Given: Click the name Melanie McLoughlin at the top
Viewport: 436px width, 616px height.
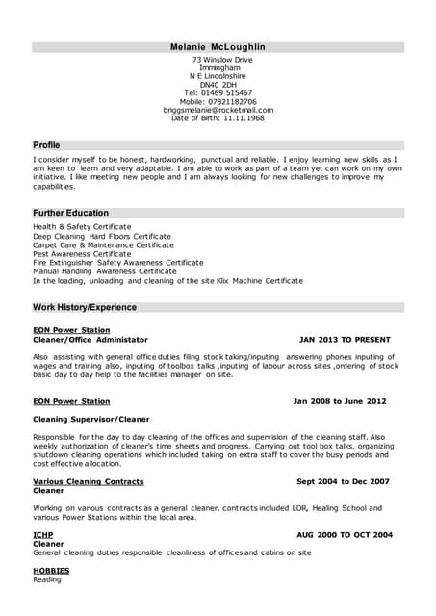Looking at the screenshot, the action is (218, 46).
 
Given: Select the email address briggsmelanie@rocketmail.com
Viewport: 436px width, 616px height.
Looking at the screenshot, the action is (218, 110).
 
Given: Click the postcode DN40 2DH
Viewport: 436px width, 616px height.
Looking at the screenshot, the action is (218, 84).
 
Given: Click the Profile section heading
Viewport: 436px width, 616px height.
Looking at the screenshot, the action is (46, 145).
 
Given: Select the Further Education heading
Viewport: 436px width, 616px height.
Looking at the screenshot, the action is (70, 213).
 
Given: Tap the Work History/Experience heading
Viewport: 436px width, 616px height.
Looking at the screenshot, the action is (85, 308).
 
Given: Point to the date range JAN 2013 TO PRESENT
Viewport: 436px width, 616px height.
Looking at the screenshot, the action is (345, 340).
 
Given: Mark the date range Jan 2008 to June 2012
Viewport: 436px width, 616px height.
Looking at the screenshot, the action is (339, 401).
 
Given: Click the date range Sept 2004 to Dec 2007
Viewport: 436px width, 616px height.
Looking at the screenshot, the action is (343, 481).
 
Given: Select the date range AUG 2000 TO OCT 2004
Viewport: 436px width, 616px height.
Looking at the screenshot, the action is (344, 534).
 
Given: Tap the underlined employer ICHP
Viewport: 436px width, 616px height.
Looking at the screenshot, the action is (43, 534).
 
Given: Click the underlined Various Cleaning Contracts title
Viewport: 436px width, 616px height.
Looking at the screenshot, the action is (88, 481).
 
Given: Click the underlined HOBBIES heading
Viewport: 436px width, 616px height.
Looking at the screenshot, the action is (52, 571).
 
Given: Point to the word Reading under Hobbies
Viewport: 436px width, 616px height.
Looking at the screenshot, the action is (47, 580).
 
